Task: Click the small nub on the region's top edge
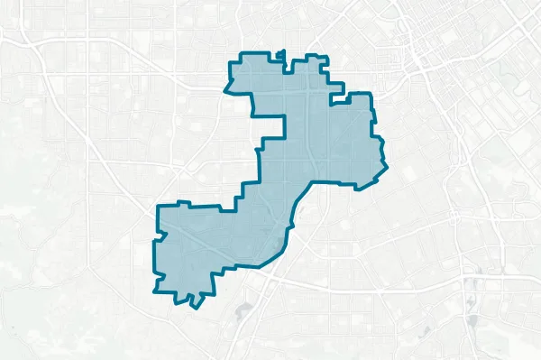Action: [x=283, y=54]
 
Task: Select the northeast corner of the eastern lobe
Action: [x=371, y=94]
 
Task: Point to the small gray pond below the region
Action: [x=242, y=311]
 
